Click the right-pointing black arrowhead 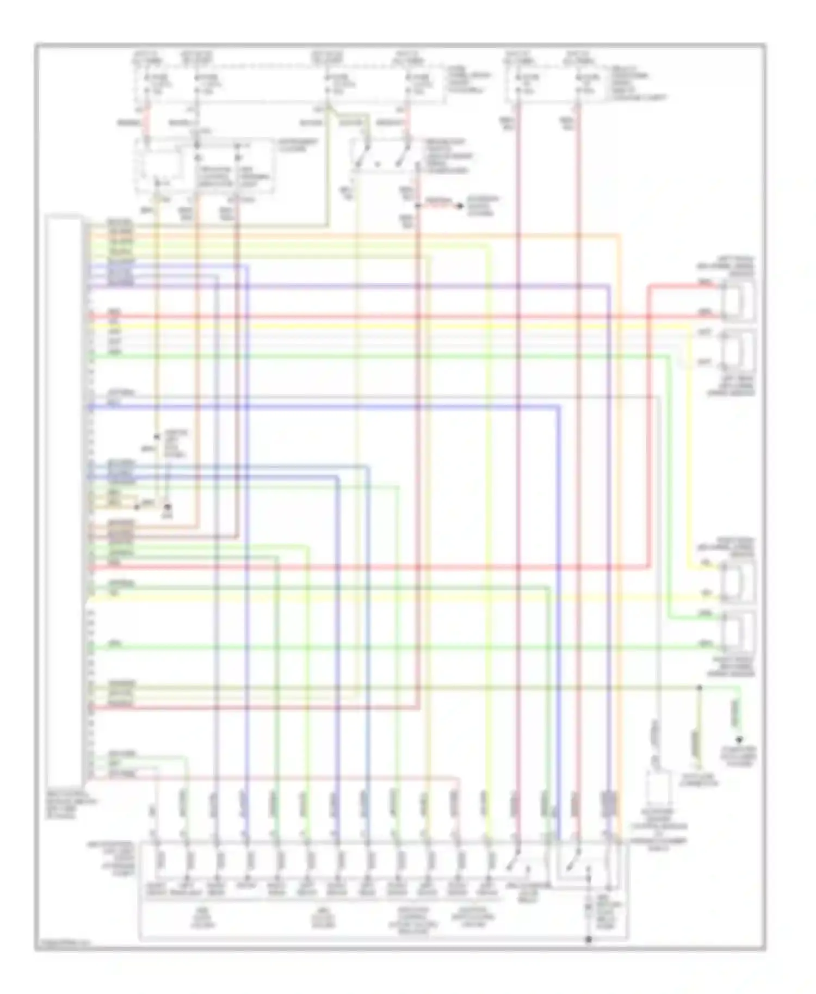(x=460, y=206)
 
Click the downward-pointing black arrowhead (x=738, y=740)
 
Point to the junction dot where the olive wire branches (x=700, y=688)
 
